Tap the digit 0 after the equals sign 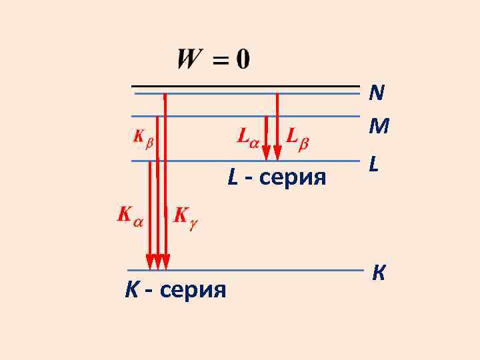pyautogui.click(x=241, y=60)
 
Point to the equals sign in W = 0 pyautogui.click(x=219, y=61)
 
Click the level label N pyautogui.click(x=377, y=92)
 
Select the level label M pyautogui.click(x=379, y=125)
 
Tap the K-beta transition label pyautogui.click(x=143, y=138)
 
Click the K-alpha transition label pyautogui.click(x=129, y=215)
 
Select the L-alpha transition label pyautogui.click(x=248, y=137)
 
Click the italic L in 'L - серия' pyautogui.click(x=233, y=178)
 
